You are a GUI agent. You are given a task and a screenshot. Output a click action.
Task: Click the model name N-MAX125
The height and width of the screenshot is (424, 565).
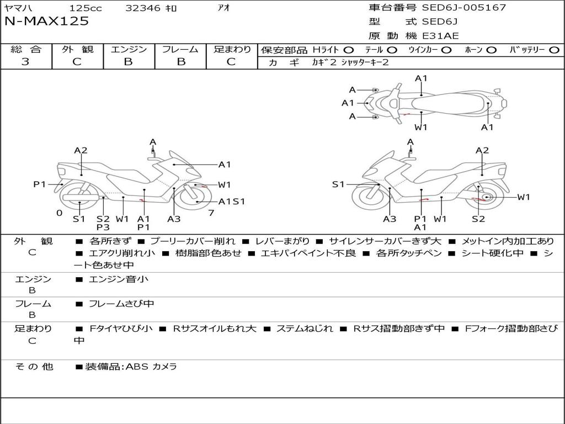pyautogui.click(x=46, y=22)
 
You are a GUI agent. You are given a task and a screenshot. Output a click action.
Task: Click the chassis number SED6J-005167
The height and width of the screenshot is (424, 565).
pyautogui.click(x=463, y=8)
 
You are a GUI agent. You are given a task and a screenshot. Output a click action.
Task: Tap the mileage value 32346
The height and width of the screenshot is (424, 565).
pyautogui.click(x=143, y=8)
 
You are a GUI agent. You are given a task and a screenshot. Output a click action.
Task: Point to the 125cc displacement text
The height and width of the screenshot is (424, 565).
pyautogui.click(x=86, y=8)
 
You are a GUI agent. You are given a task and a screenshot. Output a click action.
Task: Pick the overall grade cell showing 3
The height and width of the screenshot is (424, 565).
pyautogui.click(x=25, y=62)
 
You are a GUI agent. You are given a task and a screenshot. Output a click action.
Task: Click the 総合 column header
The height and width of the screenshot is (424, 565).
pyautogui.click(x=25, y=50)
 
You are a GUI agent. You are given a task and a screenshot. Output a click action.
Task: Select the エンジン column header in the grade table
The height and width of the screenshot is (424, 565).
pyautogui.click(x=129, y=50)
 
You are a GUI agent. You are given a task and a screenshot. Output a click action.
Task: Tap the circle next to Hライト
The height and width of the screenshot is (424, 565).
pyautogui.click(x=349, y=50)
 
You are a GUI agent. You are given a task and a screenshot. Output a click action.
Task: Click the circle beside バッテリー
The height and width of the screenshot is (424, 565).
pyautogui.click(x=554, y=50)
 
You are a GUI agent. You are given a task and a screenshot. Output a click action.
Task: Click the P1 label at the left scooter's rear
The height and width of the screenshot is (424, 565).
pyautogui.click(x=39, y=184)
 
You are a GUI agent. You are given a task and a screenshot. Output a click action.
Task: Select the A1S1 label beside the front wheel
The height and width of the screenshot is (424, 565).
pyautogui.click(x=232, y=202)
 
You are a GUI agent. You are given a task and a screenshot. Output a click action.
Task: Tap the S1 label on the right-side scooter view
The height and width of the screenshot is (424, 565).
pyautogui.click(x=338, y=184)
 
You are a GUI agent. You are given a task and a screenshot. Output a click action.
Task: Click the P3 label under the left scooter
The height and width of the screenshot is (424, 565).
pyautogui.click(x=103, y=227)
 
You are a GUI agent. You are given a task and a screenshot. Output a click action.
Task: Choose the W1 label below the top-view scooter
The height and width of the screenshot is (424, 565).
pyautogui.click(x=421, y=128)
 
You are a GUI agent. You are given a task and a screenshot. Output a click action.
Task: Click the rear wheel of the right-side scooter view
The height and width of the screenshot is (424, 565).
pyautogui.click(x=486, y=197)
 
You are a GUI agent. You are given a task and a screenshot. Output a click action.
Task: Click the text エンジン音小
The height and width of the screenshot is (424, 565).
pyautogui.click(x=119, y=279)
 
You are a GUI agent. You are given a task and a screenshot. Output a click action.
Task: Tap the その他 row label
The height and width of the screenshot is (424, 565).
pyautogui.click(x=34, y=367)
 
